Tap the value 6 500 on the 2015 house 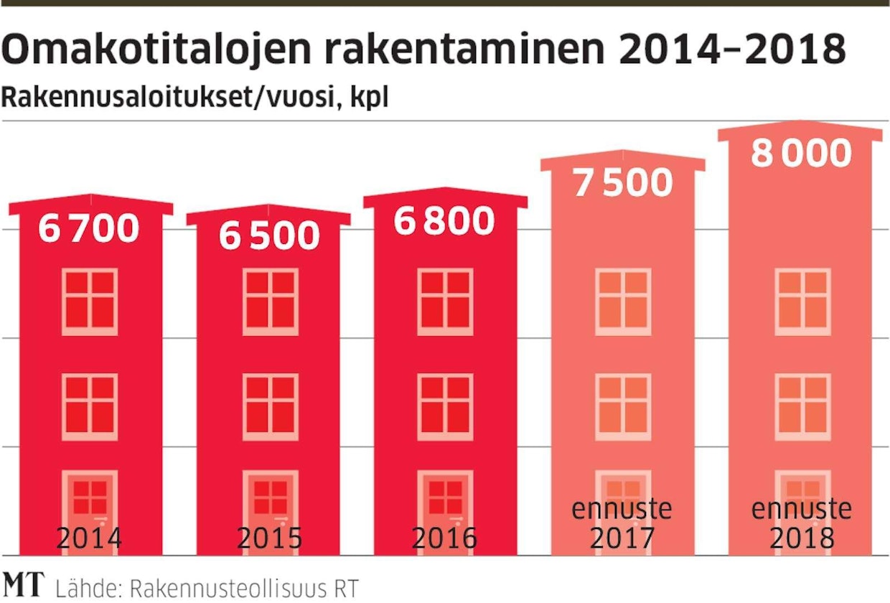coord(268,236)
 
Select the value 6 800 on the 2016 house coord(445,221)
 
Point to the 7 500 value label coord(622,184)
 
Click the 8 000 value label coord(801,154)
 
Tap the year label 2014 coord(89,538)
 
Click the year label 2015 coord(268,538)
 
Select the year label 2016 coord(445,538)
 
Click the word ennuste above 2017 coord(622,510)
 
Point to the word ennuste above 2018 coord(801,510)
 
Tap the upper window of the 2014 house coord(89,301)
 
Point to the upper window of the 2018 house coord(802,301)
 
